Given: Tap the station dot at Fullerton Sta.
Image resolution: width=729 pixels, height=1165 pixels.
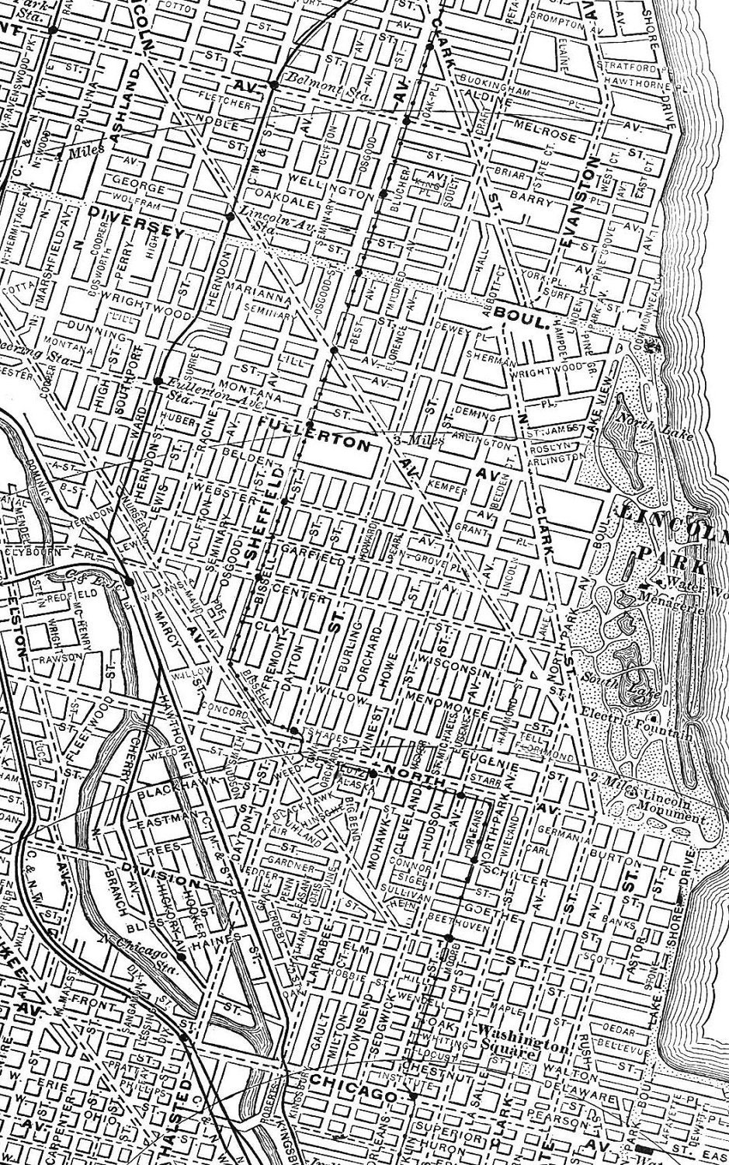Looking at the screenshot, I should click(158, 381).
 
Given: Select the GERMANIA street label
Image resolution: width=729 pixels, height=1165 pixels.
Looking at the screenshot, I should click(554, 837).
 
